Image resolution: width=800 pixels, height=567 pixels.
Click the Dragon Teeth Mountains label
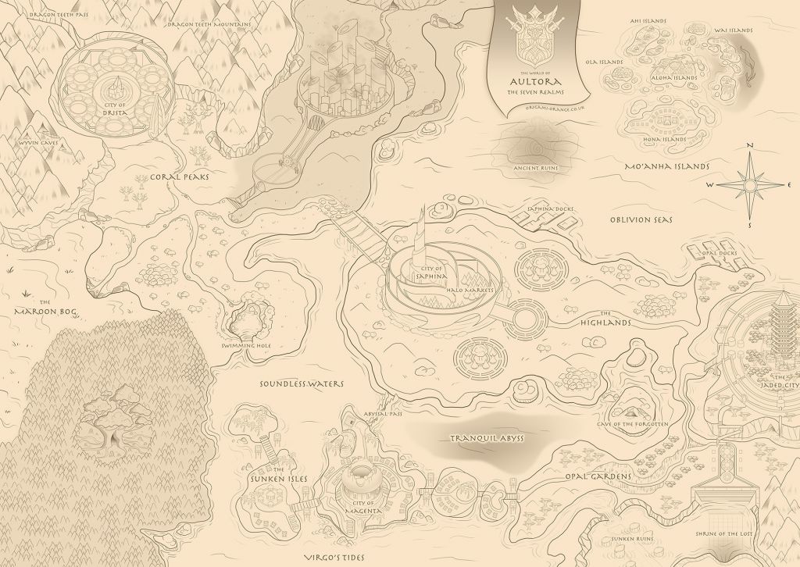209,24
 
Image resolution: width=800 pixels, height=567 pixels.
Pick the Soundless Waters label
302,384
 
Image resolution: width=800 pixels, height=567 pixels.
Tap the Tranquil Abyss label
486,438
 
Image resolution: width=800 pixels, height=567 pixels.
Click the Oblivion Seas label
641,219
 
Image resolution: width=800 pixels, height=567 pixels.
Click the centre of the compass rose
749,185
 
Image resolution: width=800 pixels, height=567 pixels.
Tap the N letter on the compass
750,146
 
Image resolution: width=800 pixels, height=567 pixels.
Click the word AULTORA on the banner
531,80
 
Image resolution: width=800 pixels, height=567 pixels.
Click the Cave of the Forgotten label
633,424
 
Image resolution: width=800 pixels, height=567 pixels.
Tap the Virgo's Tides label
336,558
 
